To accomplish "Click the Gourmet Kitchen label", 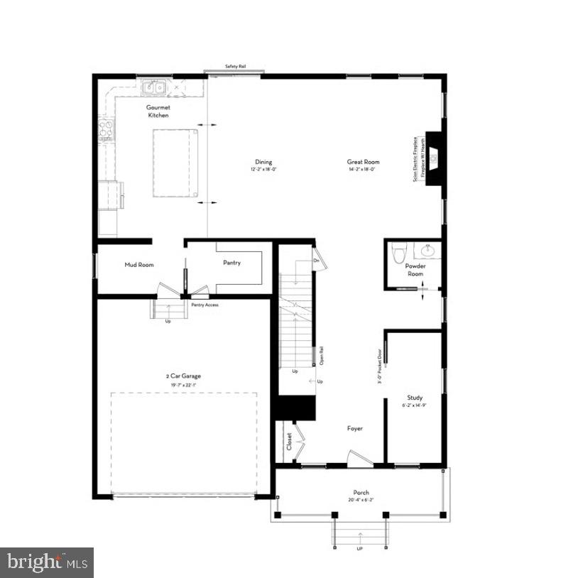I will (158, 111).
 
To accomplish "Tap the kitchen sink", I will (153, 88).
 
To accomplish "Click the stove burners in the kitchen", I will (107, 129).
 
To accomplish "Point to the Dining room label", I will (263, 162).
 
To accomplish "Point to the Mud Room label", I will (139, 265).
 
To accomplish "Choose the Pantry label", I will (231, 263).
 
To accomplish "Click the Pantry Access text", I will (205, 305).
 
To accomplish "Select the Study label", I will (415, 398).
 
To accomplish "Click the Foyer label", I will (355, 428).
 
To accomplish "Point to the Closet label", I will (289, 442).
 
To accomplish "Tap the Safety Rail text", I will (236, 66).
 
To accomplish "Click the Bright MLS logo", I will (47, 562).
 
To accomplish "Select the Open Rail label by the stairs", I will (322, 352).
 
